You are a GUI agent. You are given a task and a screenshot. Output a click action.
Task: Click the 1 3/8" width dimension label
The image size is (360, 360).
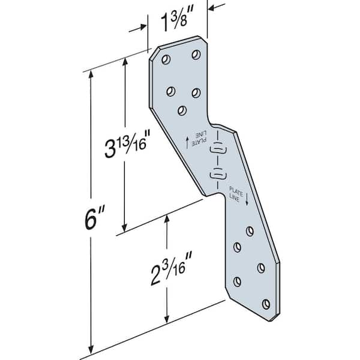[x=177, y=25]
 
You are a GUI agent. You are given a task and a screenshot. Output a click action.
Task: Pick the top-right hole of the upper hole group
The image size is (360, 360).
[x=196, y=55]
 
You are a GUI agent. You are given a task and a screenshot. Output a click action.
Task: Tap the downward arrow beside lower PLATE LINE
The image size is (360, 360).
[x=247, y=201]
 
